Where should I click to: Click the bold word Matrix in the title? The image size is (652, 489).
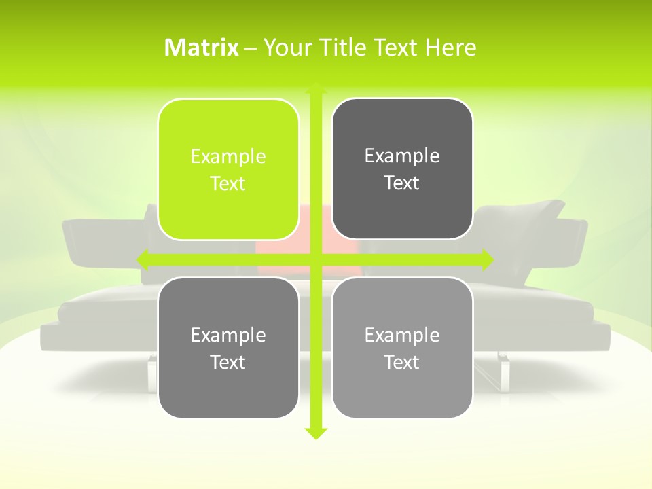(202, 48)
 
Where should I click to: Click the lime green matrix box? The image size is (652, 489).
(228, 169)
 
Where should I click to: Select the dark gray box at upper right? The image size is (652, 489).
(402, 169)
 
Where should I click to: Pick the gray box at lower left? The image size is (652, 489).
(228, 348)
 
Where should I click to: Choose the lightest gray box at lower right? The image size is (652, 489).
(402, 348)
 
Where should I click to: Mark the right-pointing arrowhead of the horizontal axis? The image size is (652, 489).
(487, 259)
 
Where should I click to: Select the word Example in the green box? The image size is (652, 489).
(228, 157)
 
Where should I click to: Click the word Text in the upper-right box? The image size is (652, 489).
(402, 183)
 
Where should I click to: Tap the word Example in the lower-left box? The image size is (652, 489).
(228, 335)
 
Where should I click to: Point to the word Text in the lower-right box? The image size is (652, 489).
(402, 362)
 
